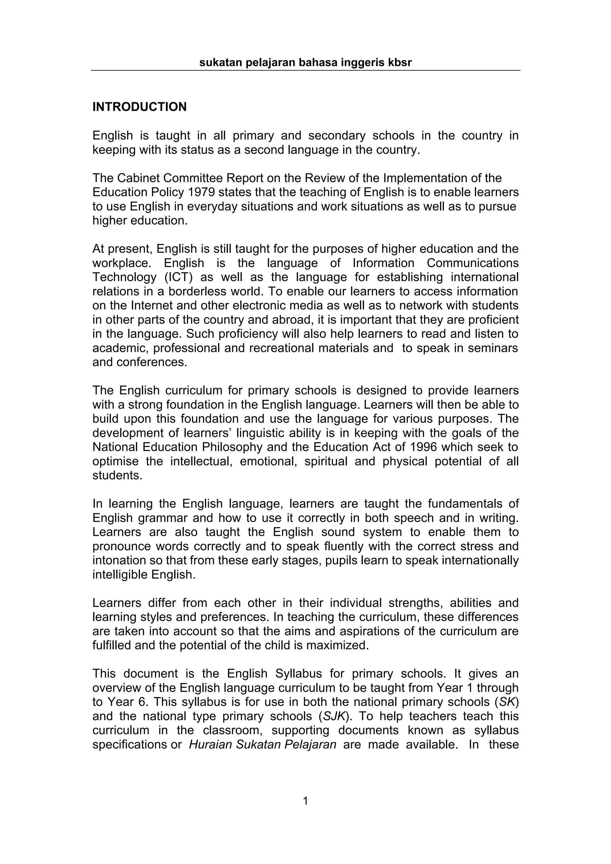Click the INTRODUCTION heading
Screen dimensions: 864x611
click(x=139, y=107)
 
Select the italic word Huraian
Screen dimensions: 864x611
click(x=211, y=745)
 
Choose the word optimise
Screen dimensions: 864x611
click(x=115, y=461)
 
